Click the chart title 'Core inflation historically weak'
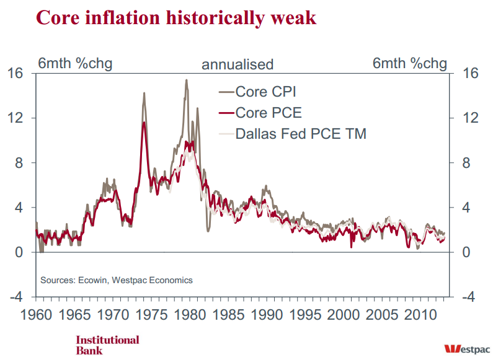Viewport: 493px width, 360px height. pos(176,17)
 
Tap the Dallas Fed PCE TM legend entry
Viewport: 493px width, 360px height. pos(301,133)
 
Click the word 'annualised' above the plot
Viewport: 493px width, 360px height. pos(238,64)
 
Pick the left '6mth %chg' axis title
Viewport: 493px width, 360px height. pos(75,63)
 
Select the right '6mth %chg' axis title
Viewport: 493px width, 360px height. pos(409,63)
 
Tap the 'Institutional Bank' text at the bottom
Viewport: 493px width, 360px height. pos(107,345)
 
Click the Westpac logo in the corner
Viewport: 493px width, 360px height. pos(466,348)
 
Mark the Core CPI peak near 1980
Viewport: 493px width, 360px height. pos(186,80)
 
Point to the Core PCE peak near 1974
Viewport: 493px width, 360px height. pos(144,123)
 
